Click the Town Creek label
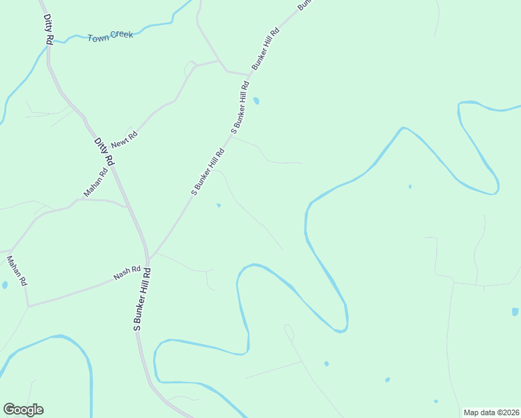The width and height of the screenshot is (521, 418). tap(110, 36)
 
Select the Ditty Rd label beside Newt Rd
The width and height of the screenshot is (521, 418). tap(104, 151)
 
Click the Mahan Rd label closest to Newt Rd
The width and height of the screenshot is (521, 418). tap(95, 183)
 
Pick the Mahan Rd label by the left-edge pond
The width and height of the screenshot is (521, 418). tap(16, 271)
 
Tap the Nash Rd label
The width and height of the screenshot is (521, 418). tap(127, 272)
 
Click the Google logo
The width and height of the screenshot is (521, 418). tap(23, 410)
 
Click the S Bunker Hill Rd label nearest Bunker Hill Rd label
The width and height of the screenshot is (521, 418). tap(240, 107)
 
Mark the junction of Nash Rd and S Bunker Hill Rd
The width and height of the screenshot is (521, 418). tap(148, 264)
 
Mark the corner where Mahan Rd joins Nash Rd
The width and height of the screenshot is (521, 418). tap(28, 306)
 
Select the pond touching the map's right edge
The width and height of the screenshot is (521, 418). tap(515, 311)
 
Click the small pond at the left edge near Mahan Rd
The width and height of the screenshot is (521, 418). tap(4, 285)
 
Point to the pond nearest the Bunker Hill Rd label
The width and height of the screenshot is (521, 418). tap(256, 101)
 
